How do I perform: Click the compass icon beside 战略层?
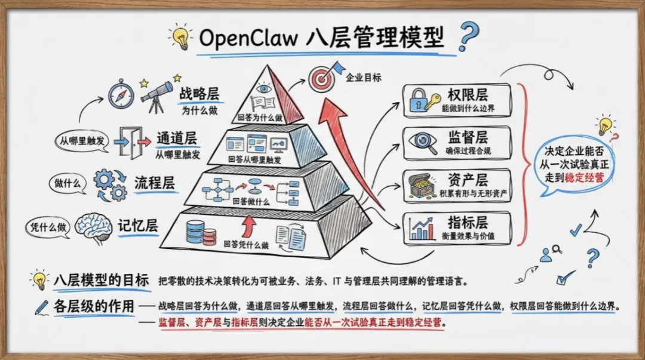[x=121, y=94]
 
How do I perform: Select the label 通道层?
[x=177, y=139]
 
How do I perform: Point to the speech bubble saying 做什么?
[x=68, y=184]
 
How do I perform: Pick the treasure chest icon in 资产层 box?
[x=422, y=186]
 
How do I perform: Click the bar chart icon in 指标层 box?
[x=422, y=228]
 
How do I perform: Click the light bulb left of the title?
[x=179, y=36]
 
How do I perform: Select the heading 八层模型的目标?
[x=101, y=279]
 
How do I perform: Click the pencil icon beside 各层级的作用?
[x=41, y=307]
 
